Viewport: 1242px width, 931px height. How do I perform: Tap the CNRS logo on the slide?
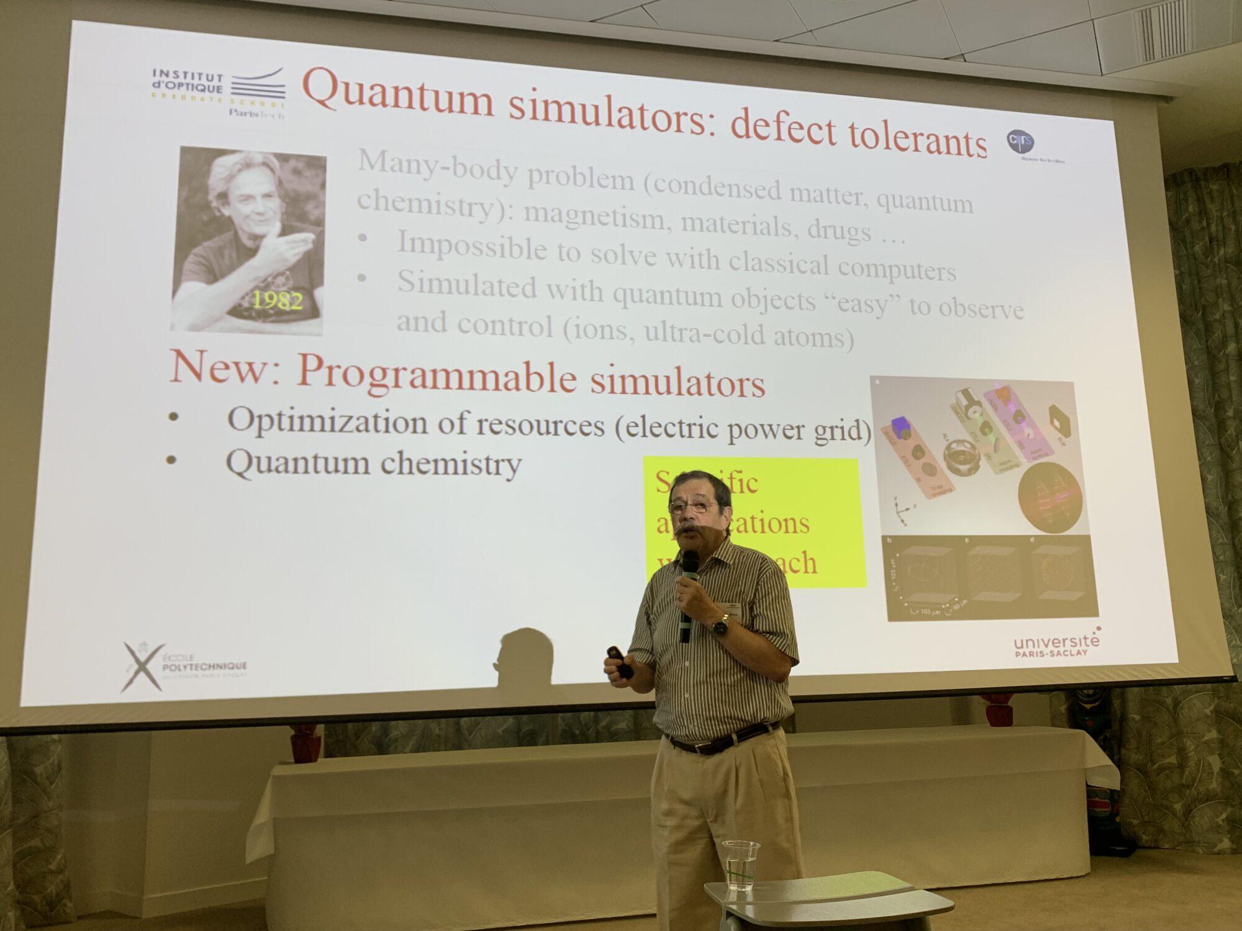[x=1020, y=142]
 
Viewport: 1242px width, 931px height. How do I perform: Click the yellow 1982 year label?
[x=277, y=300]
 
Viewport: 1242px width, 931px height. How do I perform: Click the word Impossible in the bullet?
[x=472, y=246]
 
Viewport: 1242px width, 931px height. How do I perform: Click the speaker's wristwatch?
[x=720, y=626]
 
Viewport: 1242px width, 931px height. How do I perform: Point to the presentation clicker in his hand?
[x=620, y=662]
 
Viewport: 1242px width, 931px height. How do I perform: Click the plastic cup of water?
[x=740, y=865]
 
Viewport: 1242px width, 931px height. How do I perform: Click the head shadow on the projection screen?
[x=525, y=655]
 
